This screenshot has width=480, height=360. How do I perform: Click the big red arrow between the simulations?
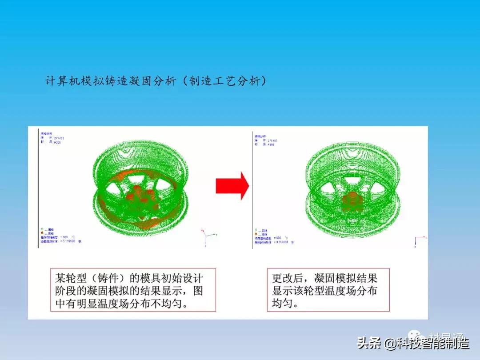(232, 185)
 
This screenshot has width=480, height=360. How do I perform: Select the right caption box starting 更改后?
(328, 289)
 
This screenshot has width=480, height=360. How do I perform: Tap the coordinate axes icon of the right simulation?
(419, 240)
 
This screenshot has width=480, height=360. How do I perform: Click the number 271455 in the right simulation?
(272, 141)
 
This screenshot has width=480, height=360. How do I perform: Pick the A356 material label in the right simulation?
(271, 145)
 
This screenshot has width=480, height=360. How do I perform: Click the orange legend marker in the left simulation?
(42, 233)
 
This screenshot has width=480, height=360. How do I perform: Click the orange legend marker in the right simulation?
(256, 234)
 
